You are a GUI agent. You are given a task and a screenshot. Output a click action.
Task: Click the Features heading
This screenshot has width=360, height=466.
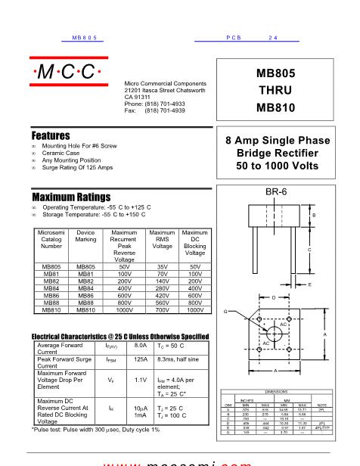pyautogui.click(x=51, y=135)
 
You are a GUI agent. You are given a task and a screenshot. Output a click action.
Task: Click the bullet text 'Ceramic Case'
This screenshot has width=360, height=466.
pyautogui.click(x=64, y=154)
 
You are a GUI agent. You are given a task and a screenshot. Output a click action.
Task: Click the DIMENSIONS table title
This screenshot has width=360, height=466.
pyautogui.click(x=274, y=392)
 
